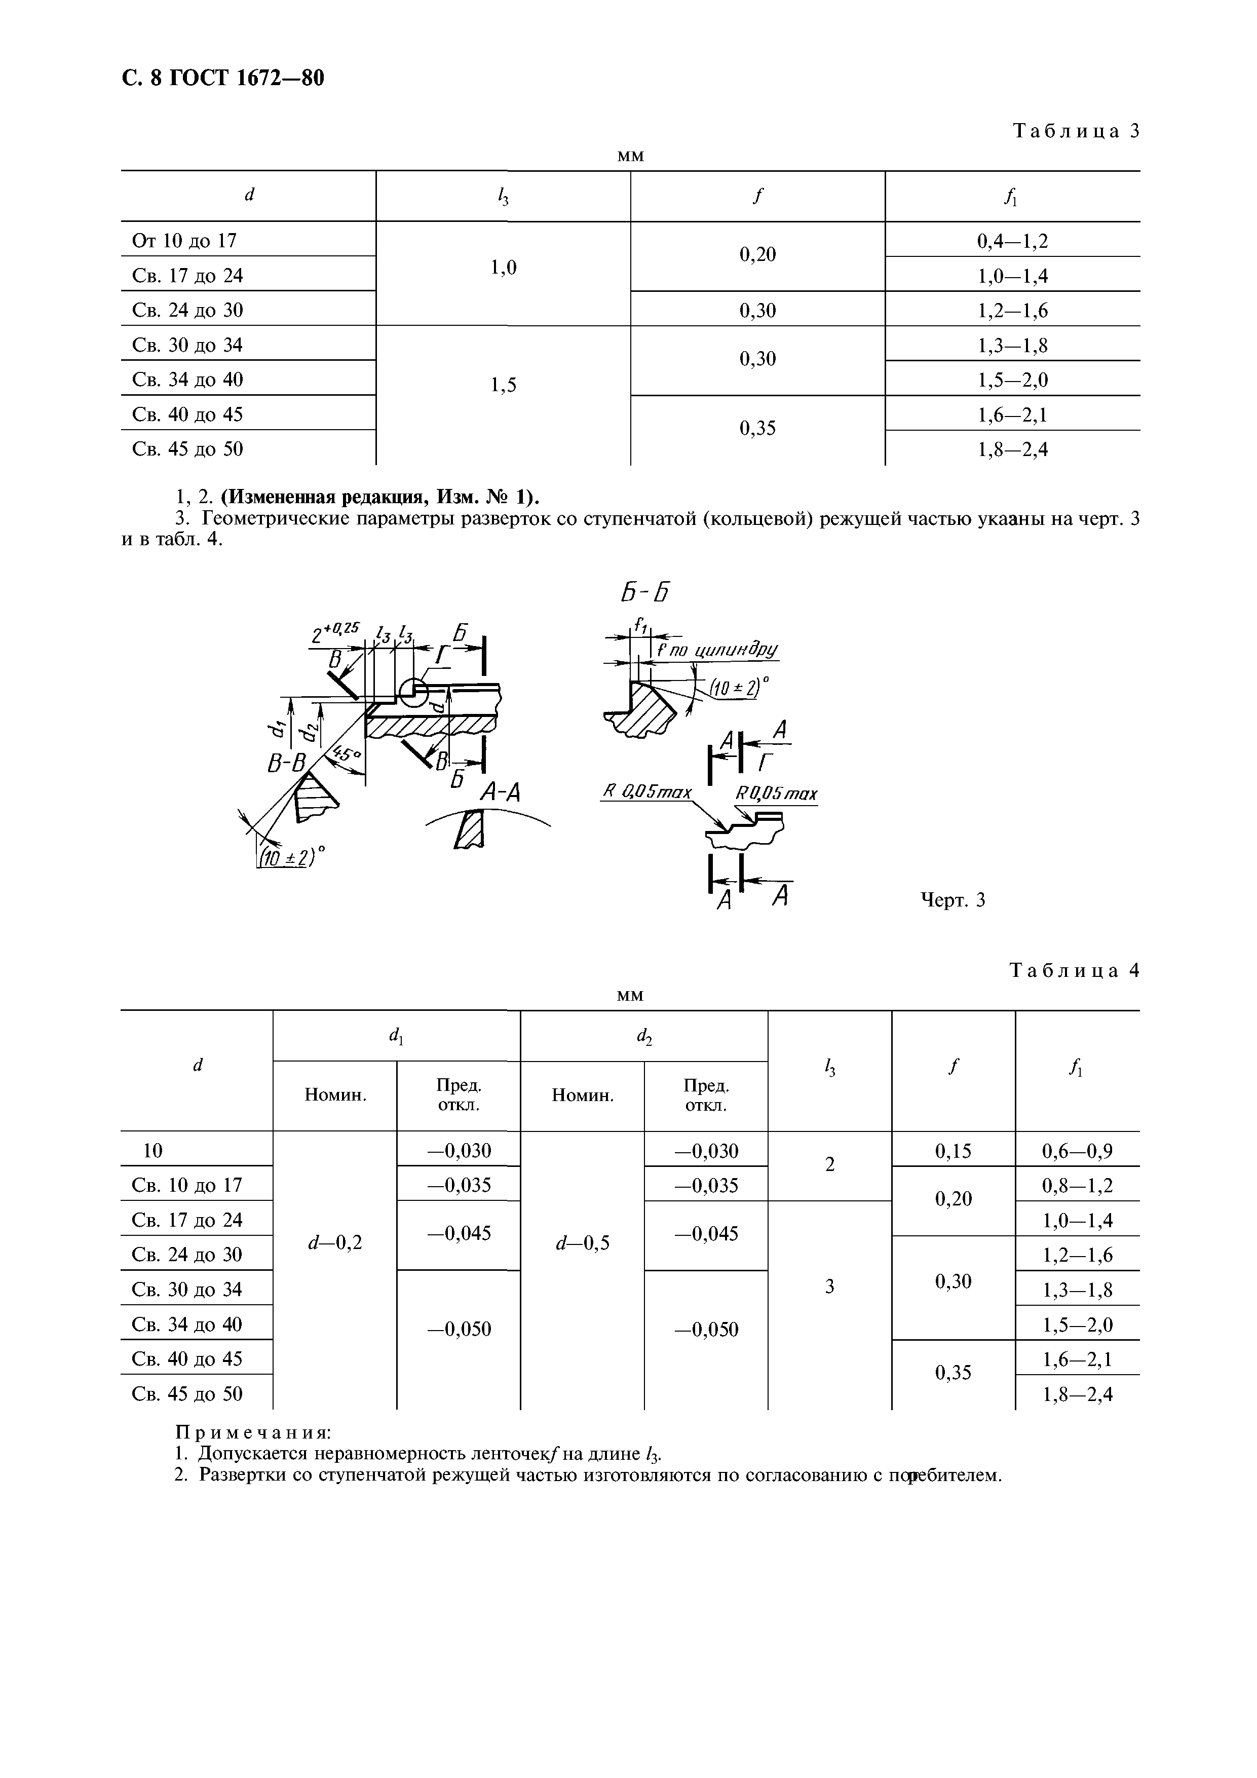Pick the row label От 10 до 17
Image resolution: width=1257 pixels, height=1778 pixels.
click(184, 241)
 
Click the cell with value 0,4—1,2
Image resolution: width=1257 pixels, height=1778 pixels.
click(1012, 241)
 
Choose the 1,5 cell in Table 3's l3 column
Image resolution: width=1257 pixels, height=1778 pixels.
click(504, 385)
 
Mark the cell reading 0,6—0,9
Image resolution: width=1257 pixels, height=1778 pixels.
click(1077, 1152)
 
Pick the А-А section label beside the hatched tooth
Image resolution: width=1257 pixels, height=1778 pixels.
click(500, 791)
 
